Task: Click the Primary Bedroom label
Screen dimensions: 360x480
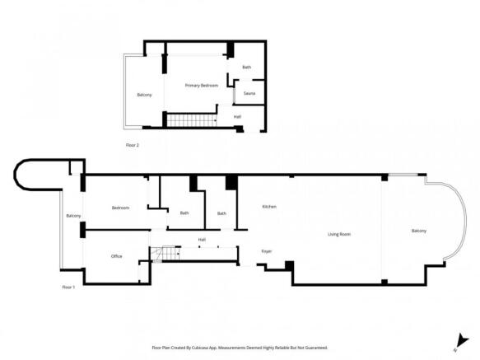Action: click(201, 85)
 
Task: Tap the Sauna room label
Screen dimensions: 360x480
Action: click(249, 93)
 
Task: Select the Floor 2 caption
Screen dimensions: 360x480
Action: click(132, 145)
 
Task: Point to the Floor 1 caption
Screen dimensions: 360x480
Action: click(68, 287)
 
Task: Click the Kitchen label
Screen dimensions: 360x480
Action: click(268, 206)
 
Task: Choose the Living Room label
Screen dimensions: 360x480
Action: click(339, 234)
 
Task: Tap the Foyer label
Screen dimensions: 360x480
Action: click(267, 250)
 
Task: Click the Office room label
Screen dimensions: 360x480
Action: click(116, 256)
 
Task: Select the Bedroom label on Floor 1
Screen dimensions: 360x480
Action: click(120, 208)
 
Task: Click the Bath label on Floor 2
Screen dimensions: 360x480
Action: click(246, 67)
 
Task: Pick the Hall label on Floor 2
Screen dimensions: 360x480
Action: click(237, 116)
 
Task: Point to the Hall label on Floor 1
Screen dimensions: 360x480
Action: click(202, 240)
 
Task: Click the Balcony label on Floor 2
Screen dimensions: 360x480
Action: click(144, 95)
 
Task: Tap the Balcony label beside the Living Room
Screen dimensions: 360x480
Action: click(419, 231)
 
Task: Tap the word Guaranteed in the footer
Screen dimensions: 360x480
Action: click(311, 348)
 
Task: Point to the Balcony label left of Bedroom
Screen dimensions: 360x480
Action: click(73, 216)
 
